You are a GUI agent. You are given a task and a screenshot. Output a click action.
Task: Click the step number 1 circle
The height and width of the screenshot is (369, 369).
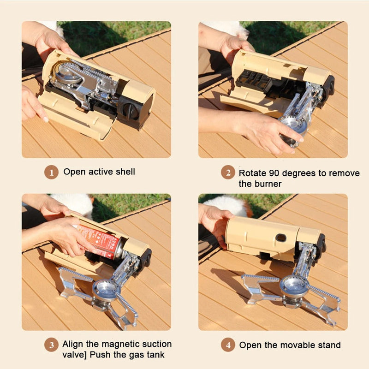51,173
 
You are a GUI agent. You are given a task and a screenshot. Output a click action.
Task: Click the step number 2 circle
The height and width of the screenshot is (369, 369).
228,173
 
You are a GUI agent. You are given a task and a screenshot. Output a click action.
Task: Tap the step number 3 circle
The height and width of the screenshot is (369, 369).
51,345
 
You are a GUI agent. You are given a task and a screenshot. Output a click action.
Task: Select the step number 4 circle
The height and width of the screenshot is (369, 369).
228,345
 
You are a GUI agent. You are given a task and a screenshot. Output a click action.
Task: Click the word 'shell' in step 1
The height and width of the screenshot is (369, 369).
125,172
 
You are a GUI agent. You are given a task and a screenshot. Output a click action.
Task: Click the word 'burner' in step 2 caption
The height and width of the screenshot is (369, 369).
267,184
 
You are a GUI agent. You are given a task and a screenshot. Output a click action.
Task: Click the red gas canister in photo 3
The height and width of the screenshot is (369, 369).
99,240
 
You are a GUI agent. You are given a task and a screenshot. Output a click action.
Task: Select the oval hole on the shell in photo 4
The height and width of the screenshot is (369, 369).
280,238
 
